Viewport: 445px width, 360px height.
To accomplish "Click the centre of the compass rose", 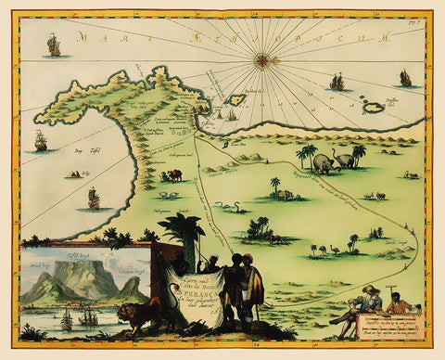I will point(263,60).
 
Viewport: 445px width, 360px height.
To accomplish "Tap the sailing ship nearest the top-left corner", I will point(54,44).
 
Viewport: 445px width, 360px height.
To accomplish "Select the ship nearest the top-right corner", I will point(404,78).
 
